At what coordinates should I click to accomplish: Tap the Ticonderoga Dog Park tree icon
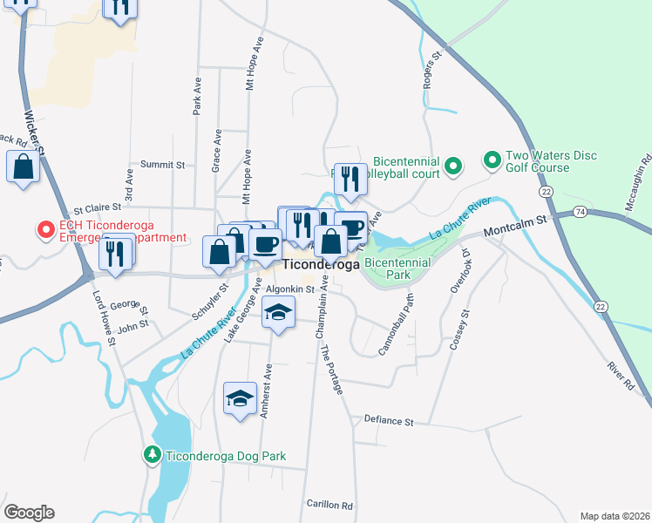click(152, 455)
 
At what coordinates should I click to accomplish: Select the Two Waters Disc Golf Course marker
click(492, 161)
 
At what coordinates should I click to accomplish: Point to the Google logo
click(29, 513)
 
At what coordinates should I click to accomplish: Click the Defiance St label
click(389, 421)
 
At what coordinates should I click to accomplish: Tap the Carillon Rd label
click(329, 505)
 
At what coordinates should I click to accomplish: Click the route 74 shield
click(581, 213)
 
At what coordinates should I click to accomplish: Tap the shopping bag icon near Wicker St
click(23, 167)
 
